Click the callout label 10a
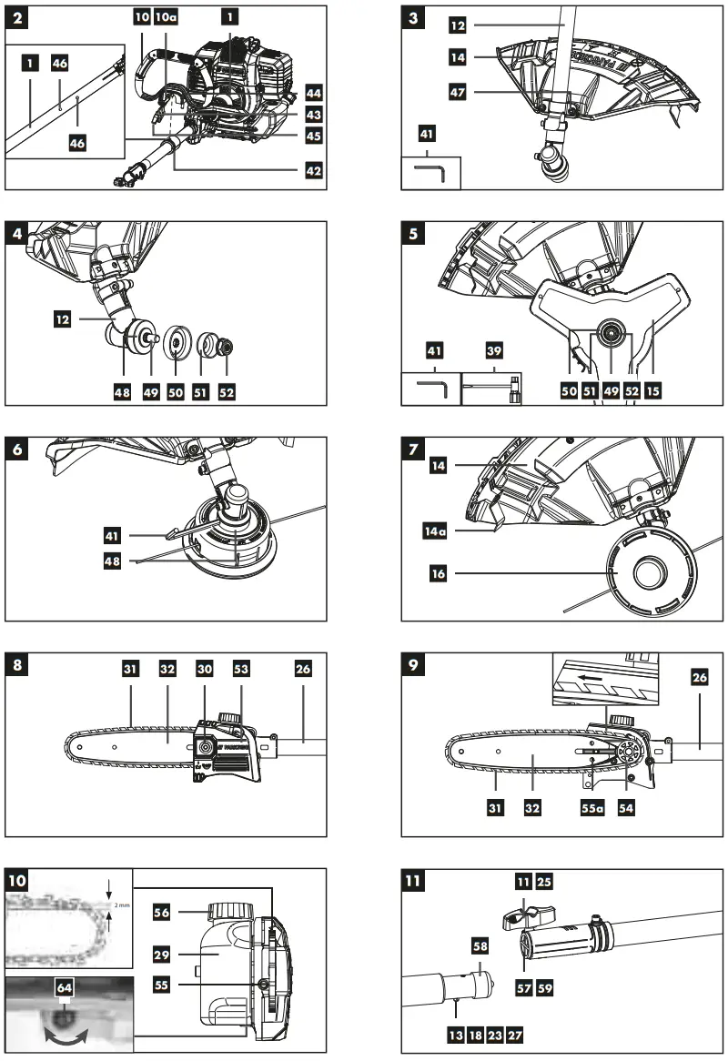pyautogui.click(x=166, y=17)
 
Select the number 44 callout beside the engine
pyautogui.click(x=313, y=93)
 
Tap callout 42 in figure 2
pyautogui.click(x=313, y=170)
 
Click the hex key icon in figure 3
pyautogui.click(x=430, y=172)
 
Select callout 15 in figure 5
pyautogui.click(x=652, y=389)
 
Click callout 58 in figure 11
pyautogui.click(x=480, y=947)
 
